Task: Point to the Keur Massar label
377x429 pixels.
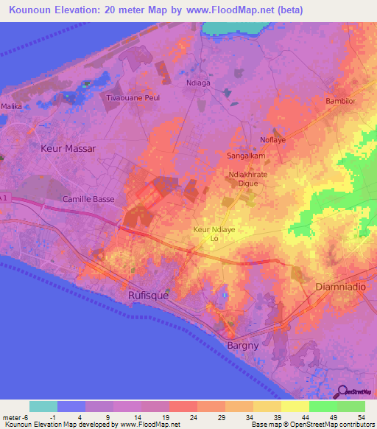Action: click(x=68, y=148)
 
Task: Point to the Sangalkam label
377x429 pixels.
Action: click(x=244, y=156)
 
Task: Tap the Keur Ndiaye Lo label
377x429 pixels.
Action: click(x=214, y=234)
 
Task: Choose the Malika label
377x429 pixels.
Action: click(x=11, y=107)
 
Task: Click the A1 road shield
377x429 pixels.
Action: click(x=4, y=199)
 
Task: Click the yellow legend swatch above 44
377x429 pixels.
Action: click(x=295, y=406)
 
